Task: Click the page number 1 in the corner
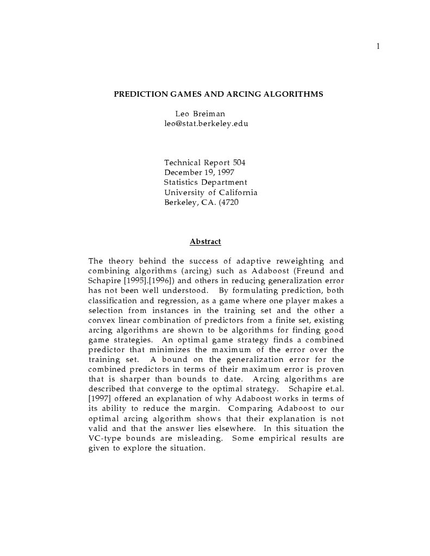378,46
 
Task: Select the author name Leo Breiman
200,114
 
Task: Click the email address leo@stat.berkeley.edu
206,123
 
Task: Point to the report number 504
239,163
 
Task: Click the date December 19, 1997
199,172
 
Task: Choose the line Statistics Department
205,182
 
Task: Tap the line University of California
210,192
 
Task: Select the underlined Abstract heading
205,241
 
